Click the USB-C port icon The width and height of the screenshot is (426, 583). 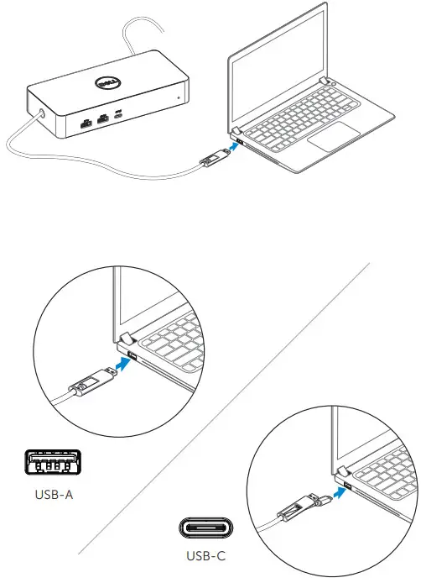205,527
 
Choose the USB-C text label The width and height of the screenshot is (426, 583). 205,555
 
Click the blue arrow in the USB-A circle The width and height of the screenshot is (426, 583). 120,369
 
